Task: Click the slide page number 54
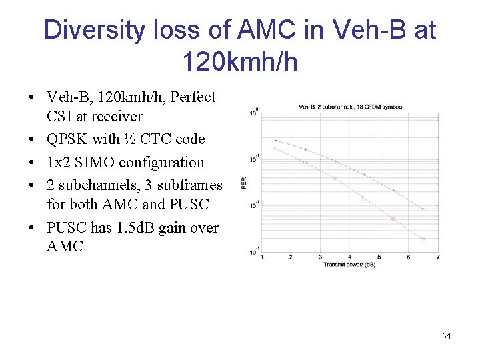(x=446, y=336)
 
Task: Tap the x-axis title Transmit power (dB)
(x=349, y=265)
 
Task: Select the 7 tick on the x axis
(x=437, y=257)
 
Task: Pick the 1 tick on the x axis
(x=261, y=257)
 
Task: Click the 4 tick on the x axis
(x=349, y=257)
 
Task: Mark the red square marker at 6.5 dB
(x=423, y=238)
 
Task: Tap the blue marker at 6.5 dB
(x=423, y=209)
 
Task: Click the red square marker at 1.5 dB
(x=275, y=148)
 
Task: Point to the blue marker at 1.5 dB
(x=275, y=140)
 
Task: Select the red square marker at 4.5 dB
(x=364, y=197)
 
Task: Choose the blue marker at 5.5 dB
(x=393, y=191)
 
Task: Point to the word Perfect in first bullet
(x=193, y=97)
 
